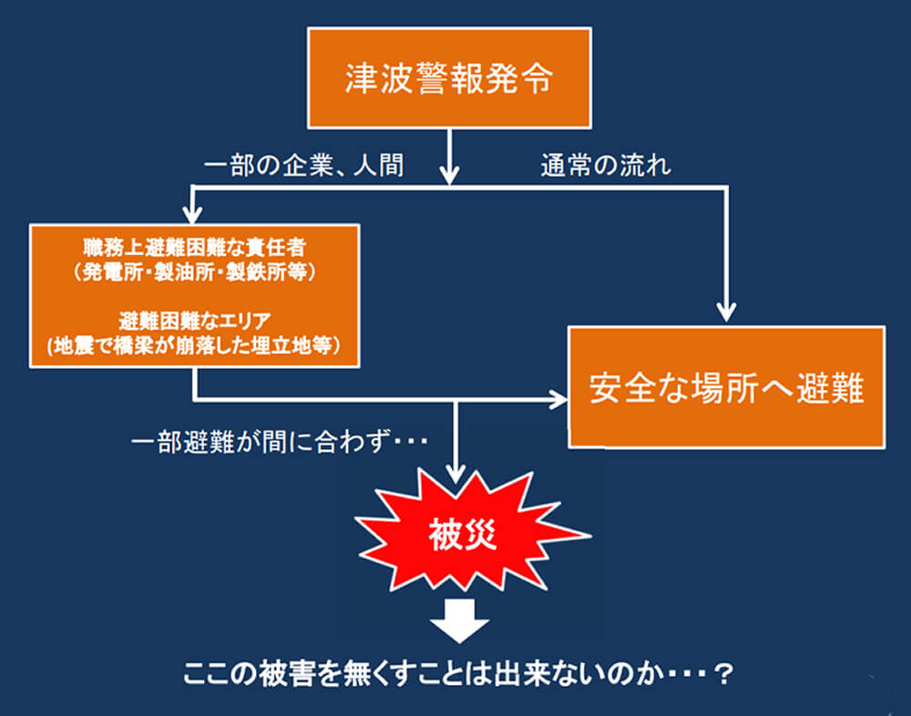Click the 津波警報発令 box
pyautogui.click(x=449, y=77)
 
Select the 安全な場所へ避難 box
pyautogui.click(x=726, y=387)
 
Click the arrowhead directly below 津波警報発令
pyautogui.click(x=449, y=172)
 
